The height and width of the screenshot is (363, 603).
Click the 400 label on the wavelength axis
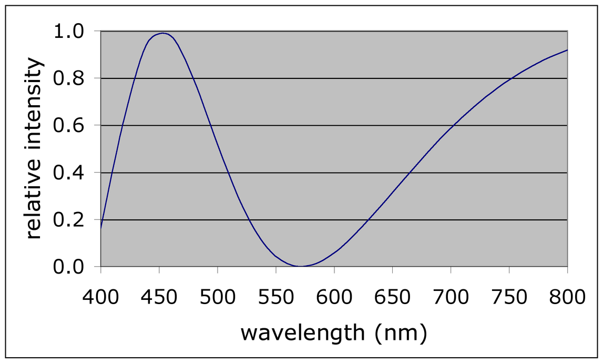(x=100, y=297)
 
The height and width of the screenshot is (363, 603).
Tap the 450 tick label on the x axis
(x=159, y=297)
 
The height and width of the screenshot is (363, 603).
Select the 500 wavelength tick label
(x=217, y=297)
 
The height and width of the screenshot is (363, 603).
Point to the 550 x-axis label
(x=275, y=297)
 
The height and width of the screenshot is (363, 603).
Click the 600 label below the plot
(x=334, y=297)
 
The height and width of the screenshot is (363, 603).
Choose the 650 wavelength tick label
(x=392, y=297)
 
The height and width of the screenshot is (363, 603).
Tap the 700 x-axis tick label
(x=451, y=297)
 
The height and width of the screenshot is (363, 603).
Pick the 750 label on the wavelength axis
(x=509, y=297)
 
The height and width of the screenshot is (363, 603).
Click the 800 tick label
(x=567, y=297)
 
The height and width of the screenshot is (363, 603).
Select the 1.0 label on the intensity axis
(x=68, y=32)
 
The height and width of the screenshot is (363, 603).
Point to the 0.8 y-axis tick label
(x=68, y=78)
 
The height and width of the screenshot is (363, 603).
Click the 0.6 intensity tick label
(x=68, y=126)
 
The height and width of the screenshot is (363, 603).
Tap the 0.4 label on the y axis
(x=68, y=173)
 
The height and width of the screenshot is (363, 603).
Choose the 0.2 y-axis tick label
(x=68, y=220)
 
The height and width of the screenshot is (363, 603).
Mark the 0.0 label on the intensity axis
(x=68, y=267)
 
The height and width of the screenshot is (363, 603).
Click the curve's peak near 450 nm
(x=163, y=33)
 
